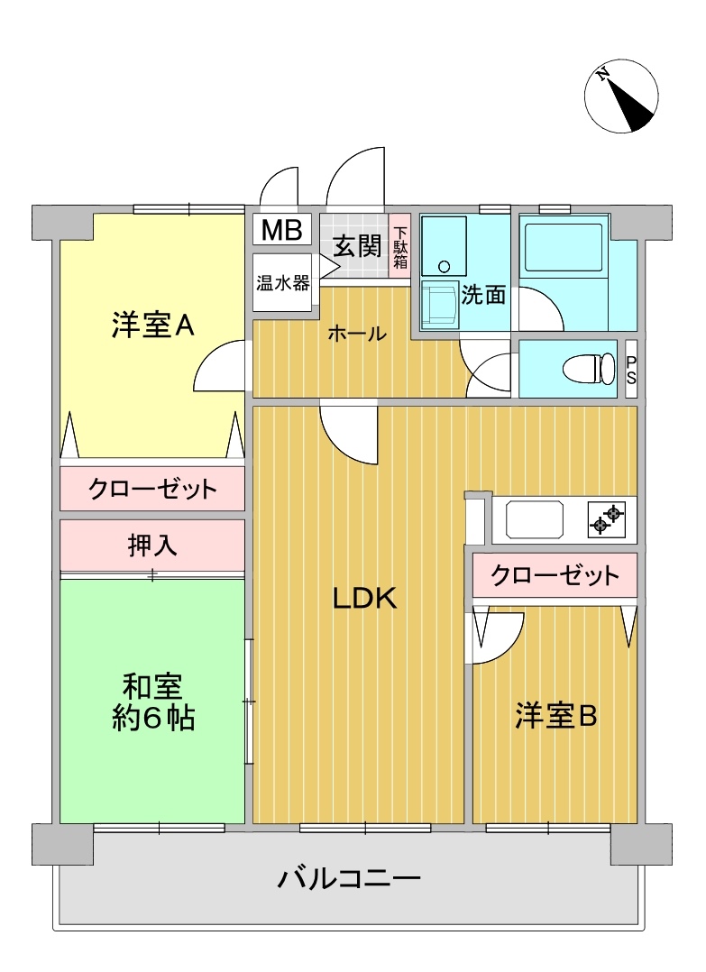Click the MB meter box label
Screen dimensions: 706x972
(x=281, y=230)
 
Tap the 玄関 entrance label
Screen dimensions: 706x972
(x=357, y=246)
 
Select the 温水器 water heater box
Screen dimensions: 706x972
(x=282, y=283)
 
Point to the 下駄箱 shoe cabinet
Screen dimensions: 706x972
(x=399, y=247)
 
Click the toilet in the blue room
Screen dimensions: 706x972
(x=588, y=369)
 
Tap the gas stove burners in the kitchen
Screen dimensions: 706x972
(x=606, y=519)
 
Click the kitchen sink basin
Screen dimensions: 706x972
(x=535, y=519)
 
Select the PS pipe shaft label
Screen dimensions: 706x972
(x=631, y=369)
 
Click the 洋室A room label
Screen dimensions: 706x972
(x=152, y=325)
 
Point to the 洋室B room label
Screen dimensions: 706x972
(x=555, y=716)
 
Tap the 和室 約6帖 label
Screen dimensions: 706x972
(x=152, y=701)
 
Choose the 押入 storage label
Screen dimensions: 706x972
(x=152, y=545)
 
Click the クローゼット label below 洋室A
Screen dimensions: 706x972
(x=152, y=489)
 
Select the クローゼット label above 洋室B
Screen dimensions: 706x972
(x=555, y=576)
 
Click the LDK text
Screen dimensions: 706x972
(x=364, y=598)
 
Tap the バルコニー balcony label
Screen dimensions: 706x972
(x=349, y=878)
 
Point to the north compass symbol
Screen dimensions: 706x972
(x=621, y=96)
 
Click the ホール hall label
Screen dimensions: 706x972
(x=357, y=334)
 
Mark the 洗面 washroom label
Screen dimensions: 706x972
(x=483, y=295)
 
